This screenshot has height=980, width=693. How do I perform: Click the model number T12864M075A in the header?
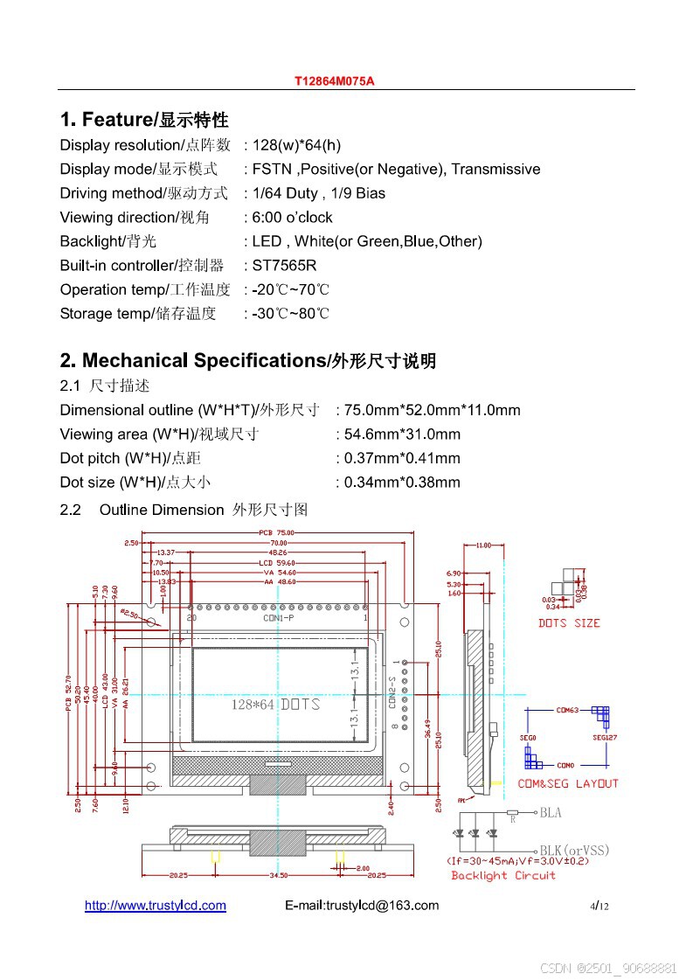point(334,81)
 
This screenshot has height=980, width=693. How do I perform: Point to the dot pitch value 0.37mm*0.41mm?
point(402,458)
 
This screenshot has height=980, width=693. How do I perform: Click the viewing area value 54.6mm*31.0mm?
point(402,434)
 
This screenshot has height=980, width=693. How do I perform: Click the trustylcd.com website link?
point(156,906)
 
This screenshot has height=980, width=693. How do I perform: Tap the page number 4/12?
point(599,907)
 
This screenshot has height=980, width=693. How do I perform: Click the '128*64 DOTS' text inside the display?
point(274,705)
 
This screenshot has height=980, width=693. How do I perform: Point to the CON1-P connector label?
point(279,618)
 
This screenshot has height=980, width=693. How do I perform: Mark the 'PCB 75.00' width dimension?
point(278,532)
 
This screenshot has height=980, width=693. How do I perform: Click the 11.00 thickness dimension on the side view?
point(483,546)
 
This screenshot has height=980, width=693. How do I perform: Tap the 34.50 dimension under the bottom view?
point(278,875)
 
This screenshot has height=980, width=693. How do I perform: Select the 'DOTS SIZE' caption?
point(569,623)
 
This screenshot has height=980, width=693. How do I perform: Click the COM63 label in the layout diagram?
point(567,711)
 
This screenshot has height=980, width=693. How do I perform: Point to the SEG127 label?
point(605,738)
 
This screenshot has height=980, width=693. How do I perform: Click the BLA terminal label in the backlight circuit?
point(551,813)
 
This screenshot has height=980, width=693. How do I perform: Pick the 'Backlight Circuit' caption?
point(503,876)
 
